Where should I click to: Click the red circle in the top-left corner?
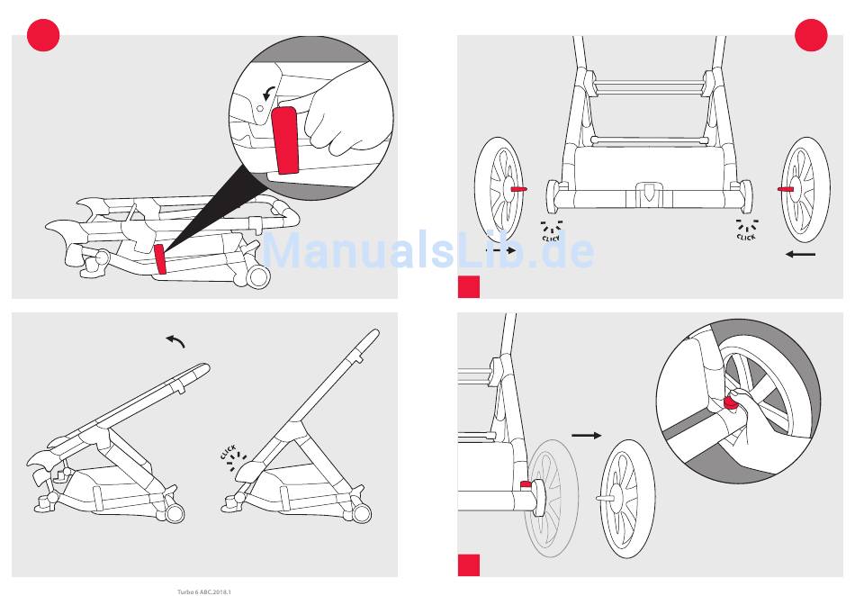pos(43,35)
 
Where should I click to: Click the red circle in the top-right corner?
pos(812,35)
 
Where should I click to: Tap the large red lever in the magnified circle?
pos(285,140)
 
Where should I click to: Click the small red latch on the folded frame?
pos(160,259)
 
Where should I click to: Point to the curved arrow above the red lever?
pos(267,94)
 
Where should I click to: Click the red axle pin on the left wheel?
pos(518,189)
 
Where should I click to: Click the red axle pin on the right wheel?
pos(786,189)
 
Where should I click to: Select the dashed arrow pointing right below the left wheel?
pos(500,250)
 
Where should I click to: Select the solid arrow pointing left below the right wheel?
pos(800,254)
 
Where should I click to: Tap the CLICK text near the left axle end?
pos(551,238)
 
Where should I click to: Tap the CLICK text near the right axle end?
pos(746,237)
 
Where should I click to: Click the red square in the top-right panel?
pos(469,287)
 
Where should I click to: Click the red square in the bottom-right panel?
pos(469,565)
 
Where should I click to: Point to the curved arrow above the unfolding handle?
pos(175,341)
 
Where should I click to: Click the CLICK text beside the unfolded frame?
pos(229,452)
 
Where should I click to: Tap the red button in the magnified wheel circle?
pos(729,403)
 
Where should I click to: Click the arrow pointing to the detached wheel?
pos(587,435)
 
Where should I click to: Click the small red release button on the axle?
pos(526,484)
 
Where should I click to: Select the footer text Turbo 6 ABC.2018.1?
pos(204,591)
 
